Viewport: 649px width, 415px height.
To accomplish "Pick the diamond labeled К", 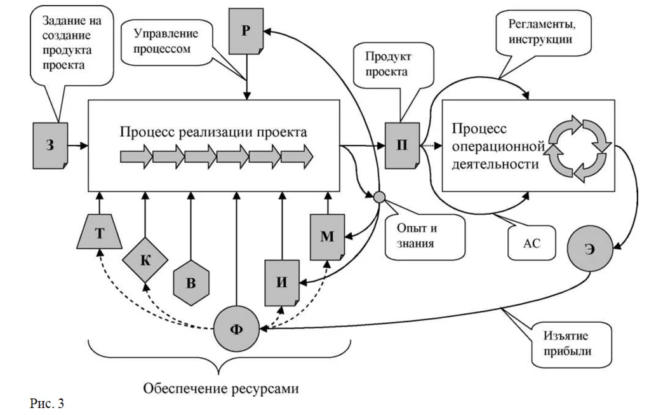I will click(145, 260).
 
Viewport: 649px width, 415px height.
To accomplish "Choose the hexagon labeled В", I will click(191, 282).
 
